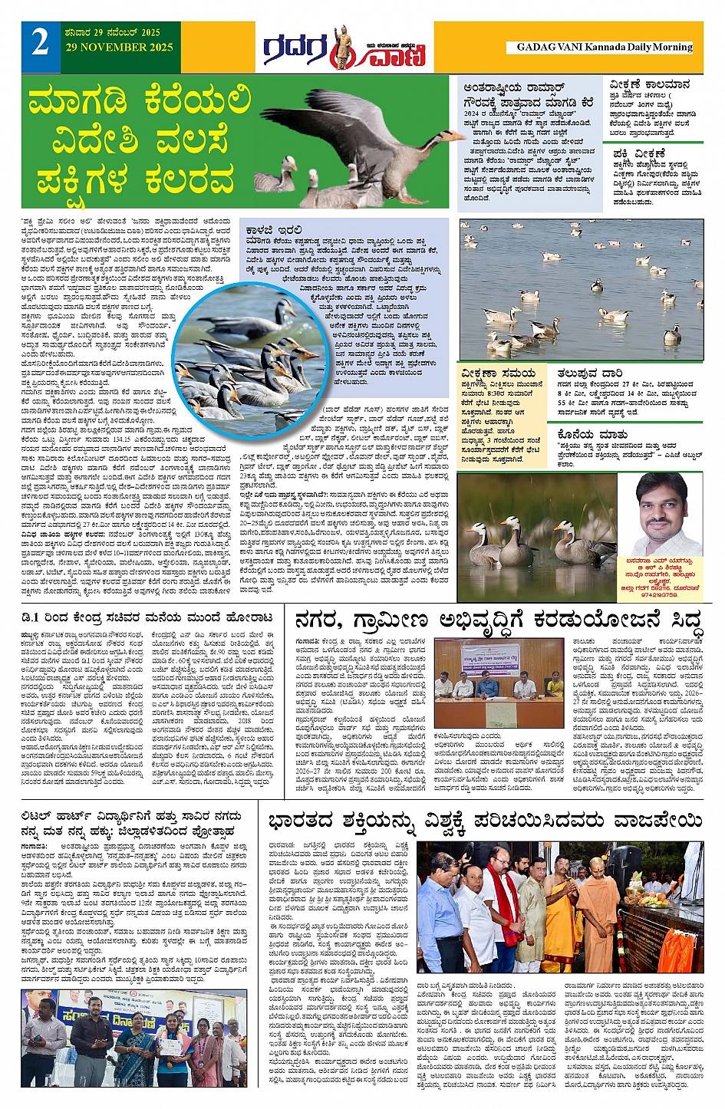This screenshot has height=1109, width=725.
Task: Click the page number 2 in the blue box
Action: click(41, 44)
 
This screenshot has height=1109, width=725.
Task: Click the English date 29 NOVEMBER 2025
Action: click(119, 48)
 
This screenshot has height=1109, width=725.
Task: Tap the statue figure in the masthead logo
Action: click(342, 48)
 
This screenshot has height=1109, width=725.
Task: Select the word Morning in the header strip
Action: click(673, 47)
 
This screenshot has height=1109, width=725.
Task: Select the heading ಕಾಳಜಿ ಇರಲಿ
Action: click(274, 229)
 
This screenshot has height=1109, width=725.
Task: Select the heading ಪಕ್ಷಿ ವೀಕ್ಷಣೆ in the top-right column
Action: click(640, 153)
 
